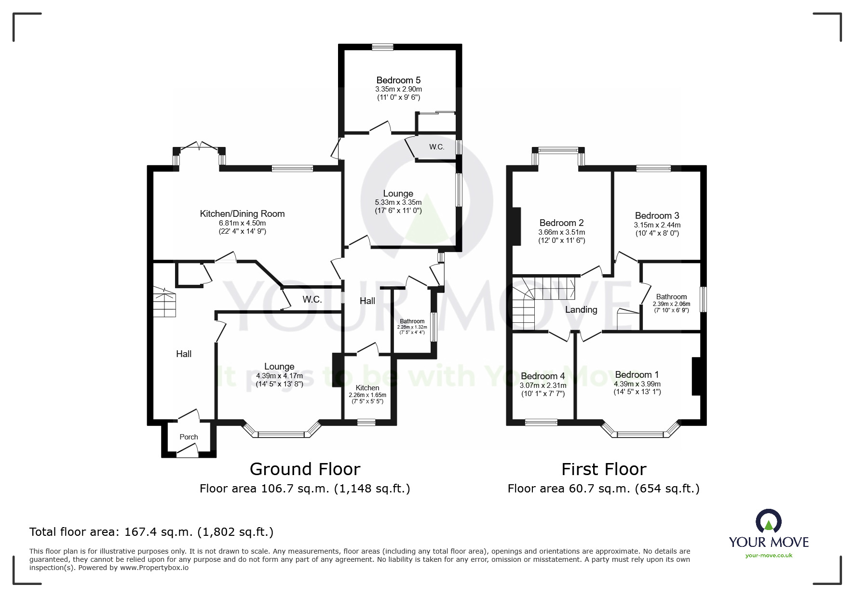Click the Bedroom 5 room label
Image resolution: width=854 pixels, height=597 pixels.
(x=398, y=80)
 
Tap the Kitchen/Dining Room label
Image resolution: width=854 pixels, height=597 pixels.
(x=242, y=213)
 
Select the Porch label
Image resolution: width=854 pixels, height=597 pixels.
(x=189, y=437)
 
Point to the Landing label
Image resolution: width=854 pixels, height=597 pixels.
(x=581, y=310)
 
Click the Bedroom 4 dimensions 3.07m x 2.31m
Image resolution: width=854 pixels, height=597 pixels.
(x=543, y=385)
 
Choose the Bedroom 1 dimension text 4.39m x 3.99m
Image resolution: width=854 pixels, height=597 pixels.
(x=637, y=384)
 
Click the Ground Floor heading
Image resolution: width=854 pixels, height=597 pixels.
(x=305, y=469)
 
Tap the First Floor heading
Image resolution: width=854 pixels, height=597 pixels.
(x=604, y=469)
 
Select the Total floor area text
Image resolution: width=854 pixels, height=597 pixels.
(x=151, y=532)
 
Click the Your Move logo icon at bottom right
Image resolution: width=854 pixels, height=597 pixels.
(x=768, y=521)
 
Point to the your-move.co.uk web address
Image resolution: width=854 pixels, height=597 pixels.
(x=769, y=556)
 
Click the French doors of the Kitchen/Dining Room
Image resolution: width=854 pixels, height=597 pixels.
(x=199, y=146)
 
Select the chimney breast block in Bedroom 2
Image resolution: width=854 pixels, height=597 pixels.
(x=516, y=226)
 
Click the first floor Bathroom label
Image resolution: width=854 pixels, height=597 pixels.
(x=671, y=297)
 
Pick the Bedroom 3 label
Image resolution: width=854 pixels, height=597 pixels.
(x=657, y=215)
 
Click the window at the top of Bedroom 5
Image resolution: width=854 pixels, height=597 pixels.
(x=382, y=47)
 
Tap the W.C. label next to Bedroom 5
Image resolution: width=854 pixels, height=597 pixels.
(x=436, y=147)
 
